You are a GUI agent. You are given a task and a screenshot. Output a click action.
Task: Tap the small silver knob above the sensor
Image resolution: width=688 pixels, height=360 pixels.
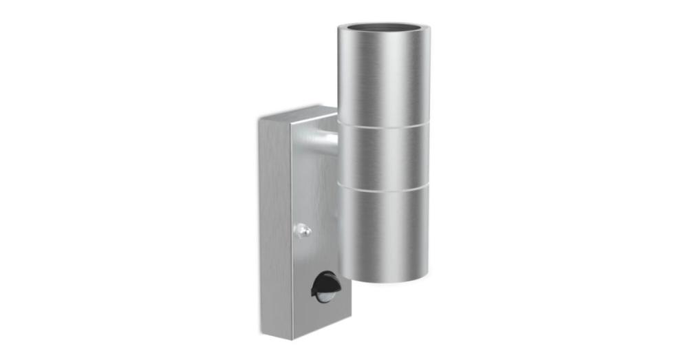tap(303, 231)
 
